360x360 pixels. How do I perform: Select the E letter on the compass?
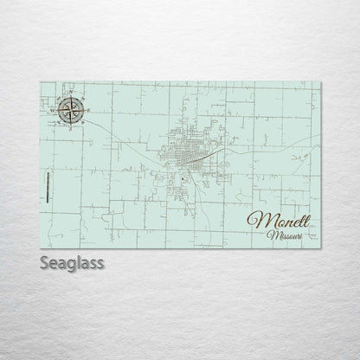click(87, 109)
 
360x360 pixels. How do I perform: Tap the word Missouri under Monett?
click(286, 235)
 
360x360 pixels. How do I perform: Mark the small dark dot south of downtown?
click(183, 179)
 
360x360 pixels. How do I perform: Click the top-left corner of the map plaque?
click(41, 82)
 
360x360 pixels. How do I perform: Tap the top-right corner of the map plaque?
click(320, 82)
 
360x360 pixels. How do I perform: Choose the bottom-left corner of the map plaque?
click(41, 246)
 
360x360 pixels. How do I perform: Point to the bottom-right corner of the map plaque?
click(320, 246)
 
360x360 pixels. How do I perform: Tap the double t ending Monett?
click(305, 218)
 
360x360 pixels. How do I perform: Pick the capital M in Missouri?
click(272, 235)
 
